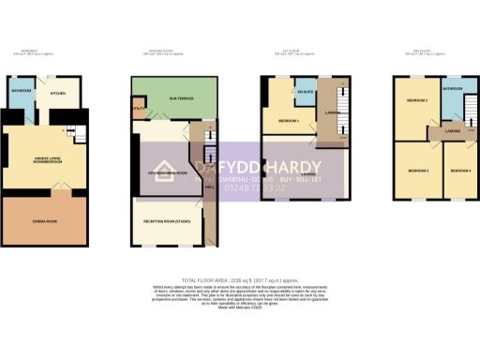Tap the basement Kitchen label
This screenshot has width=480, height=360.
click(x=57, y=94)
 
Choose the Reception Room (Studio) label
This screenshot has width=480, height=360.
click(x=168, y=222)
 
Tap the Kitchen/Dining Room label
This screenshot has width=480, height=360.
click(x=161, y=174)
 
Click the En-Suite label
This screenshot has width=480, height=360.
click(x=304, y=93)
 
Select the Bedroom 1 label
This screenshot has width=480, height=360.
click(x=290, y=122)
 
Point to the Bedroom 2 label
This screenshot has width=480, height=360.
click(x=418, y=170)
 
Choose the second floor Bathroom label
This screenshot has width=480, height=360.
click(x=453, y=88)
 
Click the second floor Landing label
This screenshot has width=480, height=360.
click(x=453, y=131)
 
